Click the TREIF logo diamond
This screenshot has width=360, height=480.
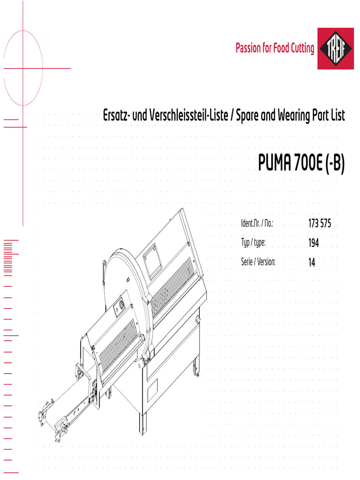click(x=336, y=49)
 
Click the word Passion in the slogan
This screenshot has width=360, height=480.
click(x=248, y=48)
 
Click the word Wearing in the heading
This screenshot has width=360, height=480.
click(x=294, y=116)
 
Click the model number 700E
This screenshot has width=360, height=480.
click(x=308, y=163)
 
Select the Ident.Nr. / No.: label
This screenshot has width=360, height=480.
click(x=257, y=223)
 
